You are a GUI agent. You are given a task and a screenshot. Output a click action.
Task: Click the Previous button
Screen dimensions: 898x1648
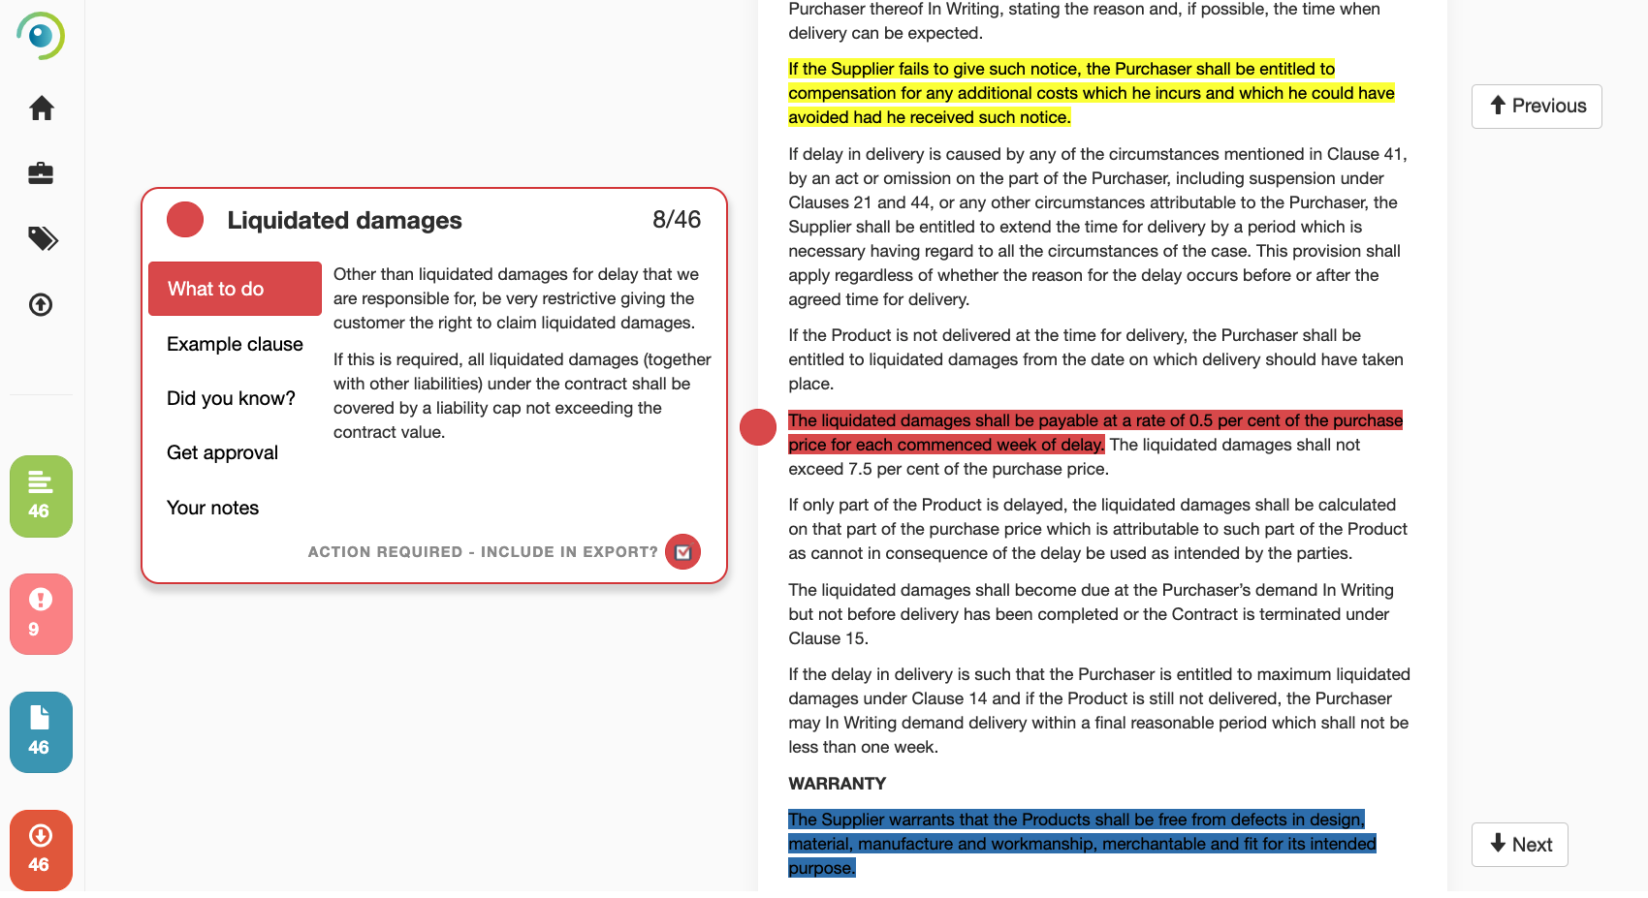click(1537, 107)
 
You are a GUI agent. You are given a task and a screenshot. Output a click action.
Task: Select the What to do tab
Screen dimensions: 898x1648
click(235, 289)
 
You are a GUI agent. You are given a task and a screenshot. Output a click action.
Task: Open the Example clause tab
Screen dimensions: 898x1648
click(235, 344)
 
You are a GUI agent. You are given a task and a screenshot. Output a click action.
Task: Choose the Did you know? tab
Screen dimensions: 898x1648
click(231, 398)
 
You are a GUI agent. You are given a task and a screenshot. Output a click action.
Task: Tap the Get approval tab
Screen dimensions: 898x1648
click(222, 452)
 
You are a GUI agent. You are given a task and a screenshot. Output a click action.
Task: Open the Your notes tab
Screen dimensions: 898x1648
click(212, 508)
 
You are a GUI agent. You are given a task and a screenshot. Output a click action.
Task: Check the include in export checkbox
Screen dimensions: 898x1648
click(682, 552)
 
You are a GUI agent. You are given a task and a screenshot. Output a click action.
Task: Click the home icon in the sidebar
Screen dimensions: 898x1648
click(41, 108)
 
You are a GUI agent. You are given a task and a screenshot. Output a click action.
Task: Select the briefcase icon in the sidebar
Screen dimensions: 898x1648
click(41, 173)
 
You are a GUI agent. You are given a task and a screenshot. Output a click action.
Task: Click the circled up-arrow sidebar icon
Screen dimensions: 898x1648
click(41, 305)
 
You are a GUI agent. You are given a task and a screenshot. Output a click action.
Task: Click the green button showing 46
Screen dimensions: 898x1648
click(41, 496)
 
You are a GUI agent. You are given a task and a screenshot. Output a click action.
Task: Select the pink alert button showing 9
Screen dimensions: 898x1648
click(41, 614)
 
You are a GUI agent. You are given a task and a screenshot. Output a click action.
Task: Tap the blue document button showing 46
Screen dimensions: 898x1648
click(41, 732)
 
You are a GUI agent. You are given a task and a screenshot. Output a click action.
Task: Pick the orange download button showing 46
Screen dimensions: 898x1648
click(41, 850)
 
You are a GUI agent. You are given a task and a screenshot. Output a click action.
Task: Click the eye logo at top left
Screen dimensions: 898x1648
click(41, 36)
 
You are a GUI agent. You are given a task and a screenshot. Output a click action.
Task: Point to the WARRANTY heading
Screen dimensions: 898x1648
click(837, 784)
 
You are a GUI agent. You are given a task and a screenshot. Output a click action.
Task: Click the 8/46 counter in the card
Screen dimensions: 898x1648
click(676, 220)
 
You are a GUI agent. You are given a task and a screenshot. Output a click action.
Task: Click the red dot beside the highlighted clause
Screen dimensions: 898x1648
click(758, 427)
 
